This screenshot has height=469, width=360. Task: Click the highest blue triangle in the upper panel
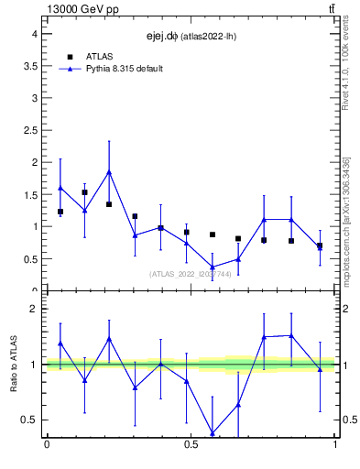pyautogui.click(x=109, y=171)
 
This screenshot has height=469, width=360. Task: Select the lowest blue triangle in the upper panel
pyautogui.click(x=213, y=267)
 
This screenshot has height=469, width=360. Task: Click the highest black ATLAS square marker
pyautogui.click(x=85, y=192)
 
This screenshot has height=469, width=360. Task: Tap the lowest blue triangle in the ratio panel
pyautogui.click(x=213, y=432)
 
